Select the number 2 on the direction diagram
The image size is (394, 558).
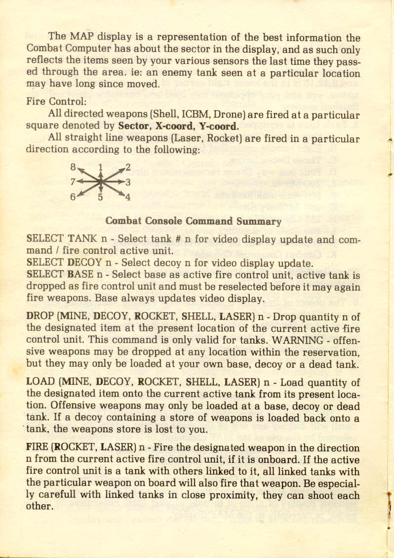(x=128, y=167)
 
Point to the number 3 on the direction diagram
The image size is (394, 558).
(x=128, y=182)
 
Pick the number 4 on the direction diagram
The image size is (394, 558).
(x=127, y=198)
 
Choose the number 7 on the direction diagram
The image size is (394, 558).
(x=73, y=182)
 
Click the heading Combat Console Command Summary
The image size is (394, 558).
(x=194, y=221)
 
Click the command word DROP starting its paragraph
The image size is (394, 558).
(x=40, y=317)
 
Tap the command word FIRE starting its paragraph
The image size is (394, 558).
(x=38, y=448)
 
